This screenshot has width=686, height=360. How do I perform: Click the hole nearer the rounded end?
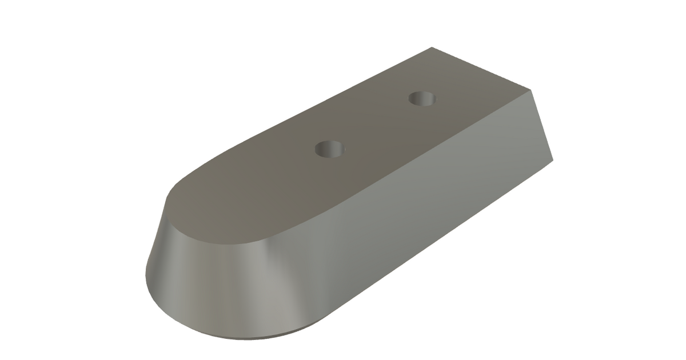[329, 150]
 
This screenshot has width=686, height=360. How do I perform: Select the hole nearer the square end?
[424, 99]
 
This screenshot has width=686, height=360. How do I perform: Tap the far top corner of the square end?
[432, 47]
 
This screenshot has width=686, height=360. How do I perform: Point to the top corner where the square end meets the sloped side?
[532, 90]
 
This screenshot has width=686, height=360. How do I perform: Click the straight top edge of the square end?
[481, 69]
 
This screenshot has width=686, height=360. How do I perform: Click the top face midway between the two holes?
[376, 125]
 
